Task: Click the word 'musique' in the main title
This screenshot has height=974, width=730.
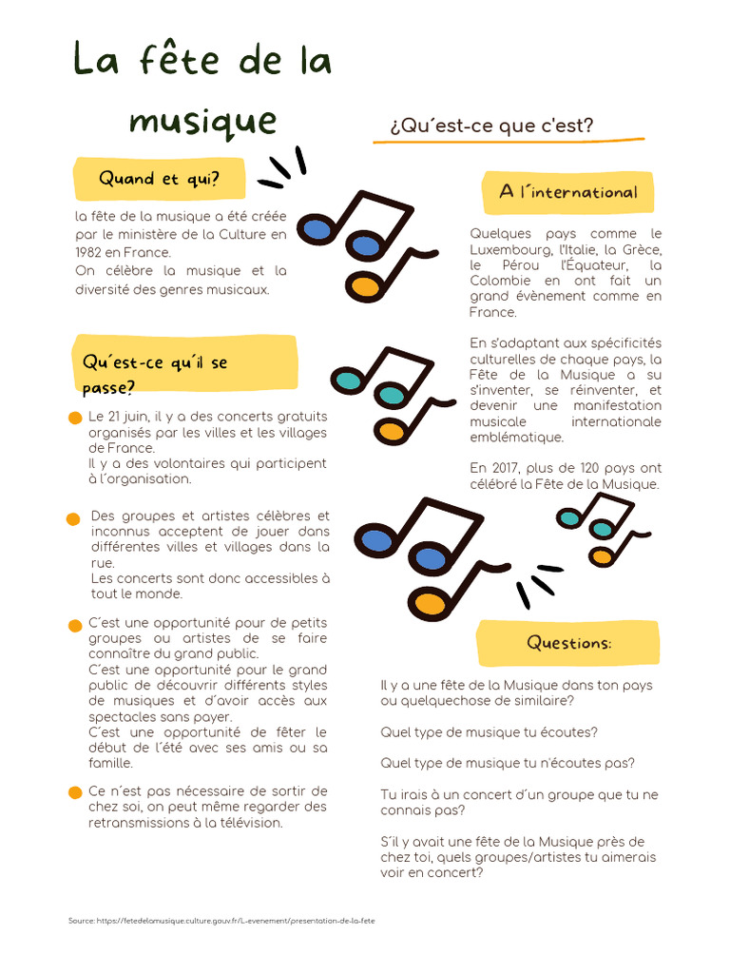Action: pos(202,121)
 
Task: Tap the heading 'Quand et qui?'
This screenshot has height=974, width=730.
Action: pos(159,179)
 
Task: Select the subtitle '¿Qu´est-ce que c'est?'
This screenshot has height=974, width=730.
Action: pos(491,126)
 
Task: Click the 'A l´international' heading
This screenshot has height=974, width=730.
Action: pos(567,192)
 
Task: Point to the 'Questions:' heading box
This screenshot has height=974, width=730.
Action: pos(568,643)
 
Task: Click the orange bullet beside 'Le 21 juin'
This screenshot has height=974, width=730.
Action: pos(75,419)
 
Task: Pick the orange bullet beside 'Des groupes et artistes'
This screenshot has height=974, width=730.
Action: pos(73,518)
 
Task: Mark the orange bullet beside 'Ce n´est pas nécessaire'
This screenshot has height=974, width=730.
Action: pos(75,792)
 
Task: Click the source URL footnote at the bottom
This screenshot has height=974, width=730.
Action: pos(221,921)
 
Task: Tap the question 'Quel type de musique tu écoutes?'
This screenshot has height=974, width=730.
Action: pos(489,732)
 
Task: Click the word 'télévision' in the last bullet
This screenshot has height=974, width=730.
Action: pos(251,823)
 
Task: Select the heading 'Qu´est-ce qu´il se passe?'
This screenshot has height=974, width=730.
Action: pos(155,374)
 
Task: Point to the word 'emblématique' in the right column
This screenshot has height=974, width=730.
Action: pos(516,437)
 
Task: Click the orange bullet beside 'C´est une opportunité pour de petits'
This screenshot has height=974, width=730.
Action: pos(75,625)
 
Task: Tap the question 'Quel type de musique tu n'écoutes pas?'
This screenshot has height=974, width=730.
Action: pos(508,763)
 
